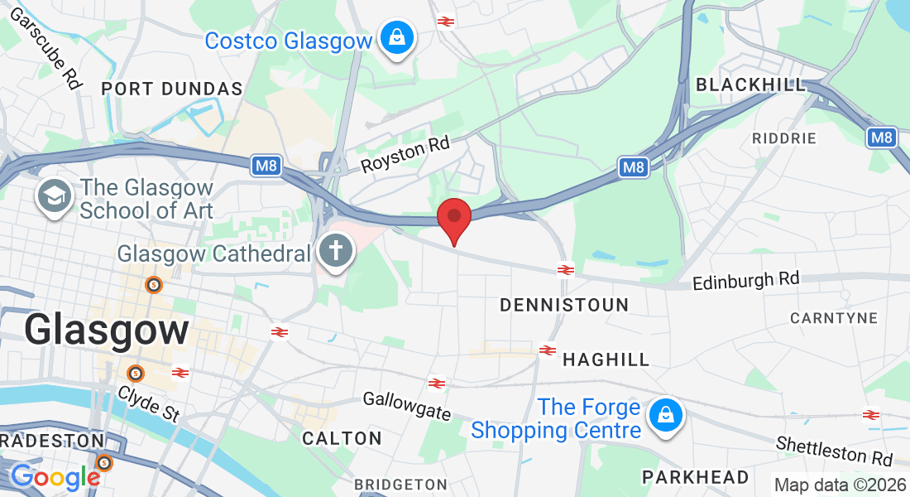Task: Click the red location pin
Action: (x=454, y=218)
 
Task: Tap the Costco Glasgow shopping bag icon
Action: (x=397, y=38)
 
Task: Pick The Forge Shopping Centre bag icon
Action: (x=664, y=417)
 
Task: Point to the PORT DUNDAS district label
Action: (x=172, y=89)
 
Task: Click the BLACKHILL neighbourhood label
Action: (x=751, y=84)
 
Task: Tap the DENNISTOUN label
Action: (x=564, y=305)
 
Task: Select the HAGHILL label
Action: (x=606, y=359)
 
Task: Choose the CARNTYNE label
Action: (x=832, y=318)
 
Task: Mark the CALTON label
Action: (x=342, y=438)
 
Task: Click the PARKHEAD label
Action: (x=696, y=477)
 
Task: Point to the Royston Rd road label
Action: (x=405, y=155)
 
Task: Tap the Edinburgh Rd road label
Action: (x=745, y=280)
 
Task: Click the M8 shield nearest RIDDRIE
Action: (x=882, y=138)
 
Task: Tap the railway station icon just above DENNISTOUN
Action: (x=566, y=269)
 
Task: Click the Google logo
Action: (x=55, y=476)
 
